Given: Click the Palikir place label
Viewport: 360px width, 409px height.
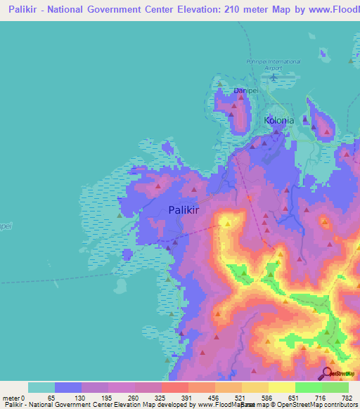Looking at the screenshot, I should click(188, 209).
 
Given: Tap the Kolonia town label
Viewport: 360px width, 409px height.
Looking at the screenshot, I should click(278, 120).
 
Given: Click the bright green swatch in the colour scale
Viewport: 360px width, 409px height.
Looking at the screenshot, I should click(308, 387).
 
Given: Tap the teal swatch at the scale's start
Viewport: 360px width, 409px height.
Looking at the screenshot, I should click(41, 387).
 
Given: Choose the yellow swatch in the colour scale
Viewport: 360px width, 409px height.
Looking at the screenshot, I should click(281, 387).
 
